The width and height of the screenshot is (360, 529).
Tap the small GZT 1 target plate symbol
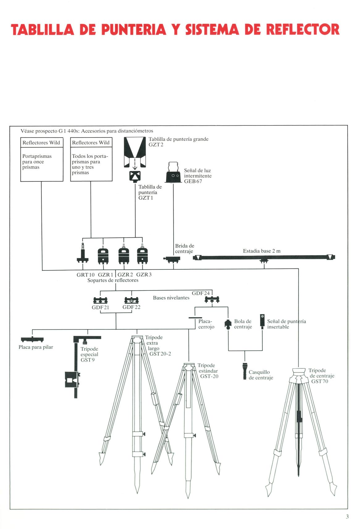135,176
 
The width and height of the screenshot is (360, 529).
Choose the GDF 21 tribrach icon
100,300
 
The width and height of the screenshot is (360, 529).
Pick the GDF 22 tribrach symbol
132,300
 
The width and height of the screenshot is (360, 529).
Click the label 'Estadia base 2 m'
262,251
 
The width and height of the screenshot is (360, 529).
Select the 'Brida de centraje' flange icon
173,259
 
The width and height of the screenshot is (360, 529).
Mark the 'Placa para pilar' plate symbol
32,340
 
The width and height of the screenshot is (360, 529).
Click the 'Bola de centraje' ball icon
228,324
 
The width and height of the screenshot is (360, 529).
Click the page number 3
347,516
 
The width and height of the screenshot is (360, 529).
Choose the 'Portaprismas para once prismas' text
37,162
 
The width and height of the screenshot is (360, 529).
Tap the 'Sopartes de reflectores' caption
113,280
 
